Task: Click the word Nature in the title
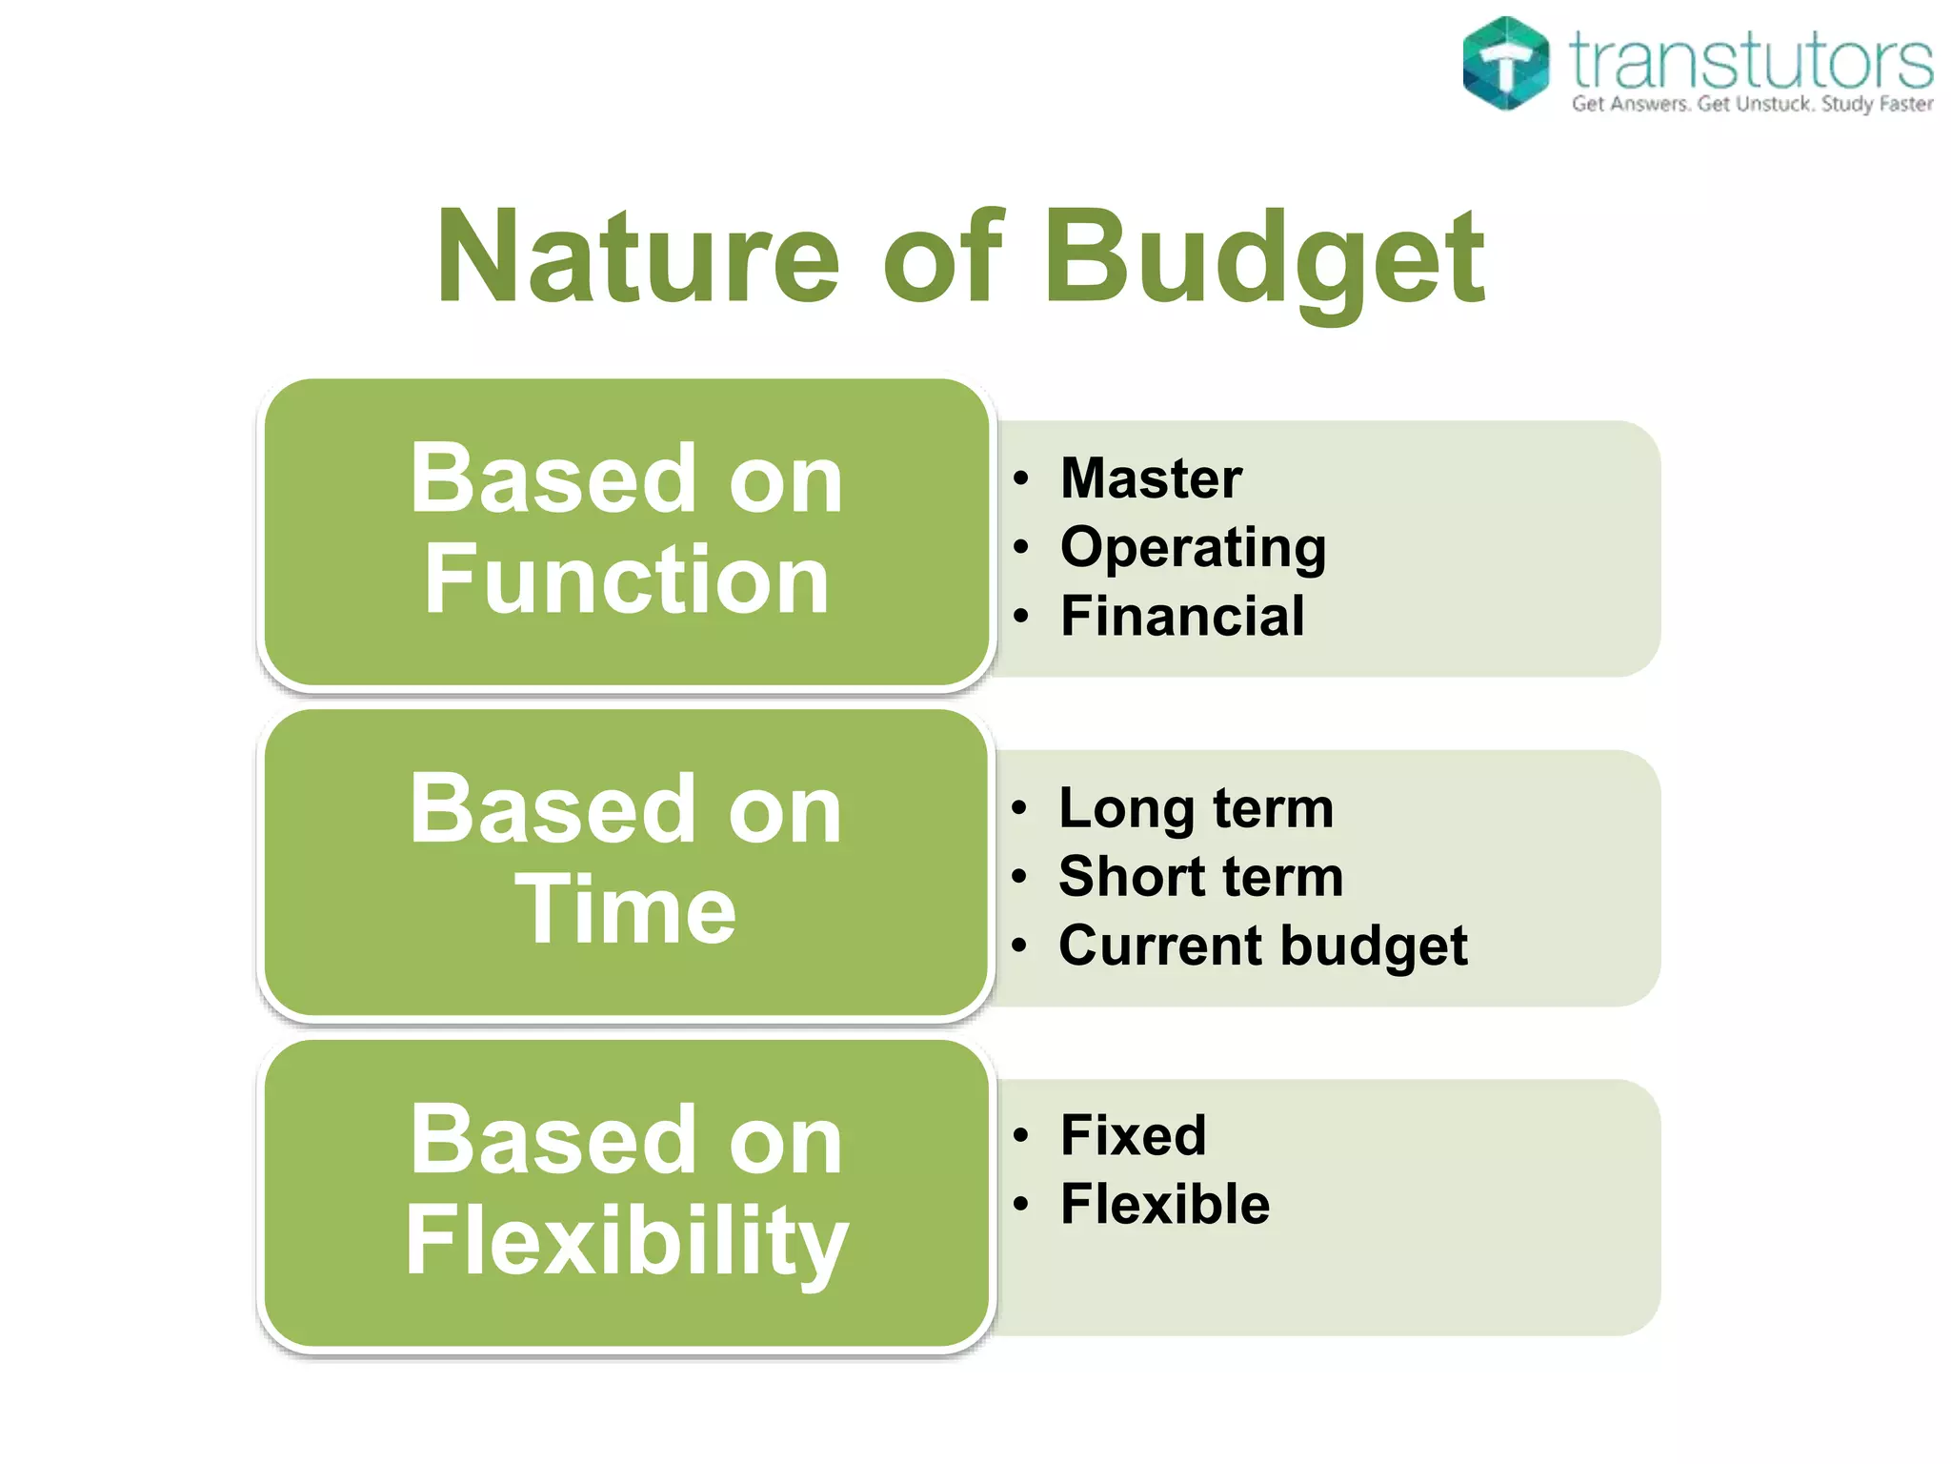click(638, 257)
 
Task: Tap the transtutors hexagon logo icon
click(1505, 63)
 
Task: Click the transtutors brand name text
click(1751, 59)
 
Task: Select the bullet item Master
click(1151, 478)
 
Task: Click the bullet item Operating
click(1193, 548)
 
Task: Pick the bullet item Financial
click(1182, 616)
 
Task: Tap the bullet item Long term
click(1196, 808)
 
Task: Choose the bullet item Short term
click(1200, 876)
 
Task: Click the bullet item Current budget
click(1262, 945)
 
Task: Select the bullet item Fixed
click(1133, 1135)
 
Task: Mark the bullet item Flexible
click(1164, 1204)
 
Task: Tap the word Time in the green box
click(626, 910)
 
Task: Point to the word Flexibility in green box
click(626, 1241)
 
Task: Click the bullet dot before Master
click(1021, 478)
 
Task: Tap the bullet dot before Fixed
click(1021, 1136)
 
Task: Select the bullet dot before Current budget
click(1019, 946)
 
